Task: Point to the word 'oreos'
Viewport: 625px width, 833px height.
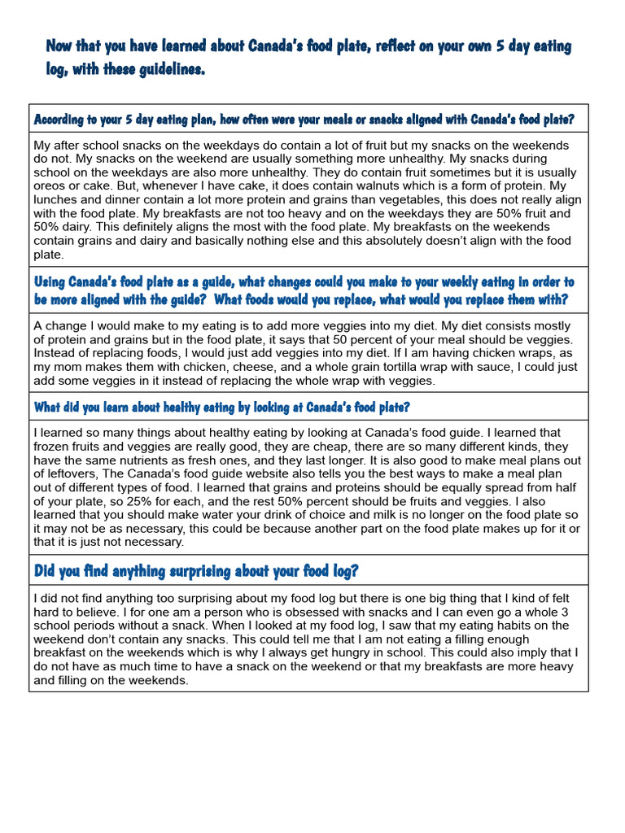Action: tap(50, 186)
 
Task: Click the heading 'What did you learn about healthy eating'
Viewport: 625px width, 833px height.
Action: tap(221, 407)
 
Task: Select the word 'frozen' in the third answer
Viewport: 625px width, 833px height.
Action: tap(51, 447)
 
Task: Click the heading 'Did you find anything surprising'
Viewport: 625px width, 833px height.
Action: tap(195, 571)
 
